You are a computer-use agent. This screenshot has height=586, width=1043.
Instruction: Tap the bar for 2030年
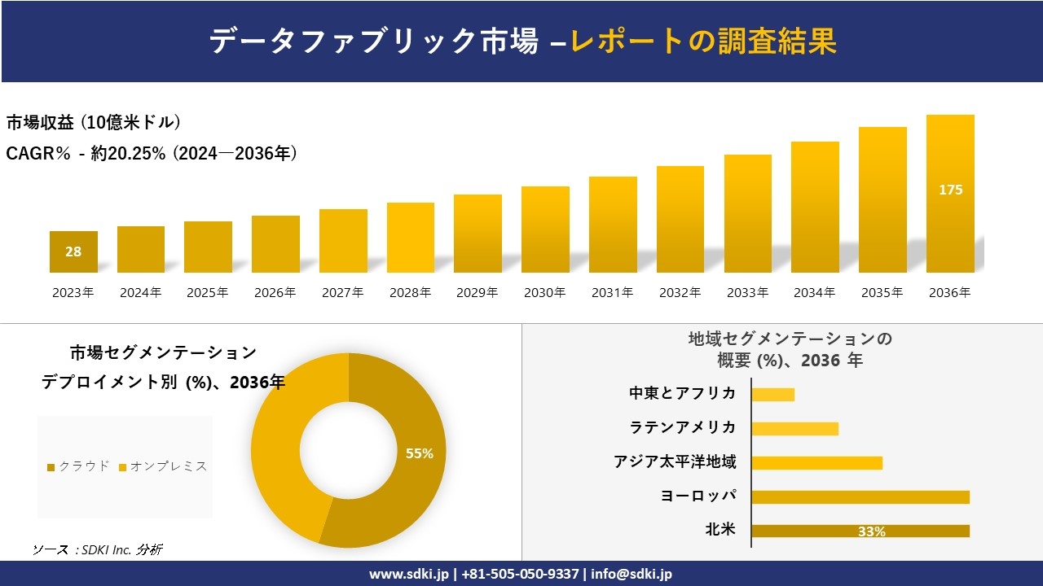click(x=545, y=230)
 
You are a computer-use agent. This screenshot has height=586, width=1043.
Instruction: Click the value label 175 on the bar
click(x=950, y=190)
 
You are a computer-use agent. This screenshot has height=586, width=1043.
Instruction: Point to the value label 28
click(x=73, y=251)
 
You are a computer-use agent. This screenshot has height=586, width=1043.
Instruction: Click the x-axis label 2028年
click(x=410, y=293)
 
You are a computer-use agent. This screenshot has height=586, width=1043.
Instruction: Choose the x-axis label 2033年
click(x=747, y=293)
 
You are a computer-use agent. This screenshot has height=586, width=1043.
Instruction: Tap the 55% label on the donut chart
click(x=420, y=453)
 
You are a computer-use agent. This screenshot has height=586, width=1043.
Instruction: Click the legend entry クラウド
click(x=78, y=466)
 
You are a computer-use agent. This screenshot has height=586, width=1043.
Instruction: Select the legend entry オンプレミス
click(x=163, y=466)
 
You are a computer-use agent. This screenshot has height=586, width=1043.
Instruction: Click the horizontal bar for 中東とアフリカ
click(x=772, y=395)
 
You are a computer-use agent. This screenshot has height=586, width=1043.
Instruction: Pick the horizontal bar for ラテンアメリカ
click(x=794, y=429)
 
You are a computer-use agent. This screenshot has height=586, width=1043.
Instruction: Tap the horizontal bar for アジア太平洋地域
click(x=816, y=463)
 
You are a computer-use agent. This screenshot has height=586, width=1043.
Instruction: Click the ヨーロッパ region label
click(x=698, y=496)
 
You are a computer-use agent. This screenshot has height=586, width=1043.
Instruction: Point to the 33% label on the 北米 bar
click(x=871, y=531)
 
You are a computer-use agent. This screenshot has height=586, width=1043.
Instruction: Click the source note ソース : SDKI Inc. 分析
click(x=97, y=549)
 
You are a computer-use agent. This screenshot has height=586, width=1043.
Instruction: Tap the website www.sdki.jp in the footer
click(x=408, y=574)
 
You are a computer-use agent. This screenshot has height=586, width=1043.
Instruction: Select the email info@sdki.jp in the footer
click(x=632, y=574)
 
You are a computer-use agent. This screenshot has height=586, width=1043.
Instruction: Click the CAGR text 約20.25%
click(x=128, y=153)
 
